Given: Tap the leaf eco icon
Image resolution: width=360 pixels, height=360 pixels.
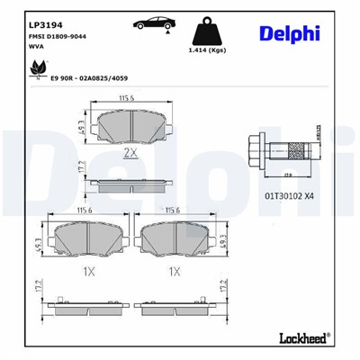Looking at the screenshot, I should point(39,67).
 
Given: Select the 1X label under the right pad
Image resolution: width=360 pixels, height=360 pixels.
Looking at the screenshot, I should point(176,271).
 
